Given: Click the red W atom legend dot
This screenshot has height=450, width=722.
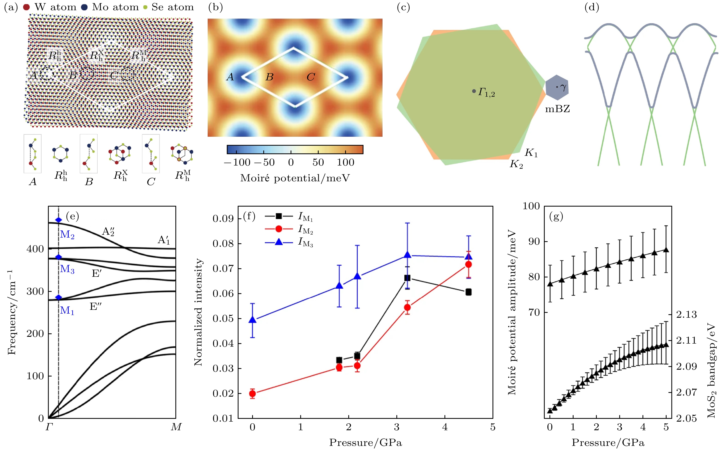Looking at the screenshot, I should [x=26, y=7].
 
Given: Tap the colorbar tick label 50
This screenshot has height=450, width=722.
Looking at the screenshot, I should [x=318, y=162].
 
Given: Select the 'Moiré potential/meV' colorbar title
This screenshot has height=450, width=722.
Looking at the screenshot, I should [x=295, y=178].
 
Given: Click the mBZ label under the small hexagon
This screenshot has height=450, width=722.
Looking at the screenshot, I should [x=557, y=109].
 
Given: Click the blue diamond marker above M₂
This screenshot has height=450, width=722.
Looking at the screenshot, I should [x=58, y=220].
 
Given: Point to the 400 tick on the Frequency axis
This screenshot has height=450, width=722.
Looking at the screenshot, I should [x=35, y=249].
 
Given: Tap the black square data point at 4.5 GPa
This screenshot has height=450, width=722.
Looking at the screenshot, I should [x=468, y=292].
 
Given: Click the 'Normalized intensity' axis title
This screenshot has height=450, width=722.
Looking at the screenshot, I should [x=198, y=312].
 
